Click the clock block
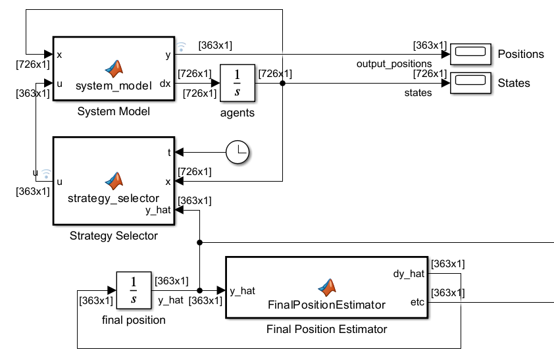238,152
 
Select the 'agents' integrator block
237,84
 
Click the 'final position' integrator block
134,290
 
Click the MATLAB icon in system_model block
114,68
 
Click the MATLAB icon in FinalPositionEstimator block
327,286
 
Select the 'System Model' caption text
113,112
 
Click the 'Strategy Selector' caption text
113,236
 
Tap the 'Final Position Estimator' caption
326,329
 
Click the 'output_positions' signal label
394,64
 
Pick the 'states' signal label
418,93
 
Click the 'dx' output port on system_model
165,84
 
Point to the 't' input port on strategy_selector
169,152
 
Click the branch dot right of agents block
282,84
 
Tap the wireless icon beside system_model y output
181,46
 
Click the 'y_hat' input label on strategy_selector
158,210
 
